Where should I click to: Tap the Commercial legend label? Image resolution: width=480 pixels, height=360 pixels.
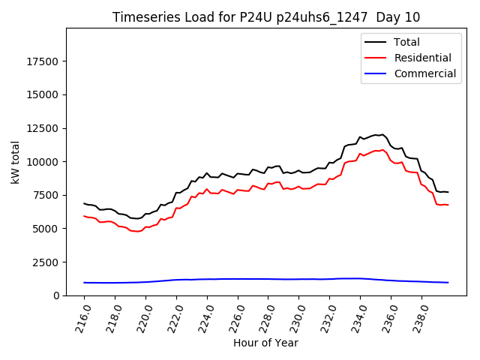point(424,73)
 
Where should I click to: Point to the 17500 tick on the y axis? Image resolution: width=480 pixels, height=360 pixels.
point(44,61)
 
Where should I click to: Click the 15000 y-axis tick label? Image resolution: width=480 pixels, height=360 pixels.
point(44,94)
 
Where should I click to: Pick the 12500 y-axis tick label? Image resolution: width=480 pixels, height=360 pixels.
point(44,128)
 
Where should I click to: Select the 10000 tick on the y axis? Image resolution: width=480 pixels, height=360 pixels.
point(44,162)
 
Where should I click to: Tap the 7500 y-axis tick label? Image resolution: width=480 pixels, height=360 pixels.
point(47,195)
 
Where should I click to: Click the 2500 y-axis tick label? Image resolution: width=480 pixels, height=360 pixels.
point(47,262)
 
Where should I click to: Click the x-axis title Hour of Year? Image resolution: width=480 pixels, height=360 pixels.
point(265,343)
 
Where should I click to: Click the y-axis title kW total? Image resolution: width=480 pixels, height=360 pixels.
point(16,162)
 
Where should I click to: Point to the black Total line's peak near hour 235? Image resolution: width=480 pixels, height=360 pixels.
point(382,134)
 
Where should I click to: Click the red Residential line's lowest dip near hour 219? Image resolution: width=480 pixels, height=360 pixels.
point(136,231)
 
